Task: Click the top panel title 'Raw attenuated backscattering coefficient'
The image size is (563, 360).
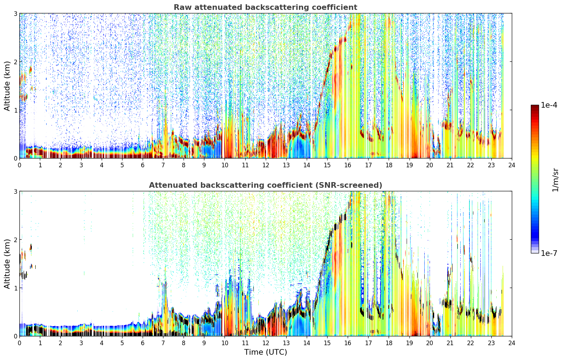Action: (265, 7)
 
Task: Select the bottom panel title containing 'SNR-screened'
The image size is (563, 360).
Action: (265, 185)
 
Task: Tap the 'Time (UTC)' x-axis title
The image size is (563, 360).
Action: (265, 352)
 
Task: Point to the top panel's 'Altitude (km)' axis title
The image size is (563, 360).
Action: (7, 86)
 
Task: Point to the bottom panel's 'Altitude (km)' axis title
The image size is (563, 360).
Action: (7, 264)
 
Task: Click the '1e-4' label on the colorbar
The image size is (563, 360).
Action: (549, 105)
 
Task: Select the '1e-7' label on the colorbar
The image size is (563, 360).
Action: (549, 253)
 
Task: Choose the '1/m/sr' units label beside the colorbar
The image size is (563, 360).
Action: (555, 180)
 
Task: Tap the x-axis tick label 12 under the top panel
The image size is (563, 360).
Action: (266, 165)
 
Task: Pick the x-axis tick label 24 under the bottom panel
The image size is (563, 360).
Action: (512, 343)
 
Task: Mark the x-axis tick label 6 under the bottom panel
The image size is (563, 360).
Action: (143, 343)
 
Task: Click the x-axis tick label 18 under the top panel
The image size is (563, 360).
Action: (389, 165)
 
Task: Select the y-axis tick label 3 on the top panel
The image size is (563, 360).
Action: (15, 13)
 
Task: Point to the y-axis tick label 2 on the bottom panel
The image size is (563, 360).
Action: (15, 240)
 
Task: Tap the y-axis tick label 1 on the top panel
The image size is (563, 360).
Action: (15, 110)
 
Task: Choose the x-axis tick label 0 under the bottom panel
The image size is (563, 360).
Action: (20, 343)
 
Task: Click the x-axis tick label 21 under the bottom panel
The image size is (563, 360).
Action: (450, 343)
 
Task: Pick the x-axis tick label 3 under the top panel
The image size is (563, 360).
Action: (81, 165)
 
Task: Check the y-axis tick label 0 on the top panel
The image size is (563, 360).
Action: (15, 158)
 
